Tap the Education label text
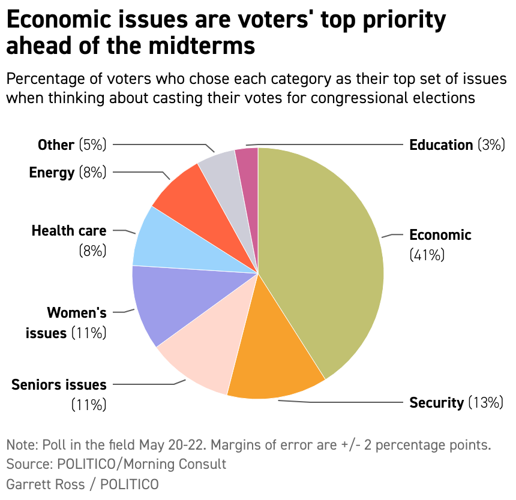click(x=441, y=145)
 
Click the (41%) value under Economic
click(x=427, y=255)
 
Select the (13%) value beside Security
click(x=485, y=403)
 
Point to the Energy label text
click(x=52, y=173)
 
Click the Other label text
click(x=56, y=145)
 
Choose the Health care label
click(x=68, y=231)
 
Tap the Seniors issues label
click(x=59, y=385)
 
